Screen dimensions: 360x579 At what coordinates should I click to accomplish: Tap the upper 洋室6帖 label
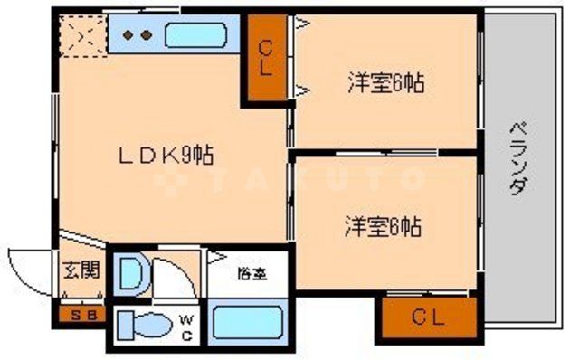point(386,84)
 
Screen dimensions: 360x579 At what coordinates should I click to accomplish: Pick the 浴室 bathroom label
point(250,271)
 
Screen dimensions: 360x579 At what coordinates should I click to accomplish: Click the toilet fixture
point(146,324)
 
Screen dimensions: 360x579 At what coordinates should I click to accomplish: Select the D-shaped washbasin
point(131,275)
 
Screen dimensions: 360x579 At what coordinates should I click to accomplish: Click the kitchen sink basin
point(195,35)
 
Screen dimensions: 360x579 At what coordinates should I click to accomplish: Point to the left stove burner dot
point(128,35)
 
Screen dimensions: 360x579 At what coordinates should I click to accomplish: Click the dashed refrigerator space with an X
point(81,36)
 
